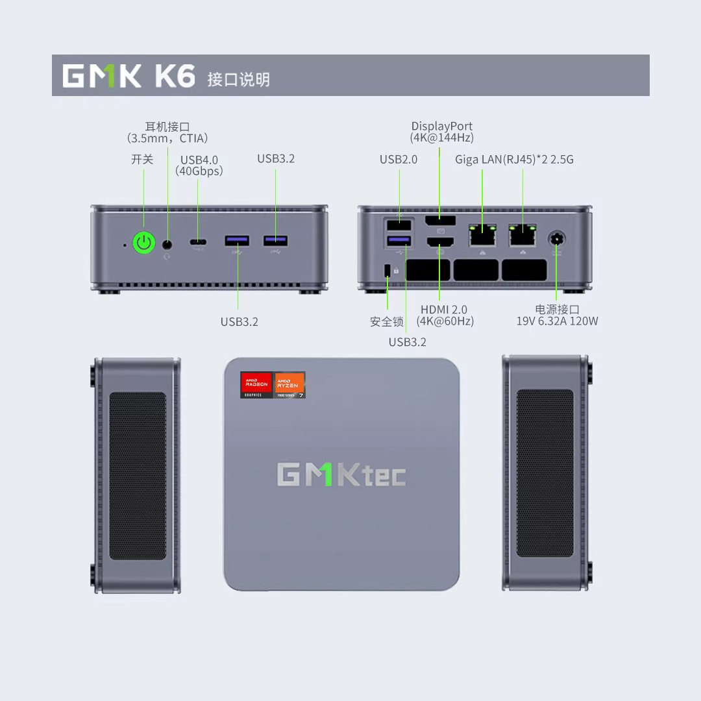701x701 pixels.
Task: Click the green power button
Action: click(144, 243)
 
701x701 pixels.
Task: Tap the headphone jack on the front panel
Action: click(167, 244)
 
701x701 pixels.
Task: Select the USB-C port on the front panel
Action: click(199, 243)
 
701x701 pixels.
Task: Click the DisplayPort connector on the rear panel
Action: click(440, 221)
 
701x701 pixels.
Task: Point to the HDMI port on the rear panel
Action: click(439, 242)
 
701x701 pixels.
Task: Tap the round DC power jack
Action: click(556, 239)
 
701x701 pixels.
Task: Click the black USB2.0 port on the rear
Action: click(399, 225)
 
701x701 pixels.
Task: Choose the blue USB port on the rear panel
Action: click(399, 241)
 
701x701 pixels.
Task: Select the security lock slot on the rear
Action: click(388, 269)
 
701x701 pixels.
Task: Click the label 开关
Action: click(142, 160)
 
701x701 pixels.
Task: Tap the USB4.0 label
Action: click(199, 160)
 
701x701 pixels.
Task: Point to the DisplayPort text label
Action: click(442, 127)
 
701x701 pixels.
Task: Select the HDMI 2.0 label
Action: click(444, 310)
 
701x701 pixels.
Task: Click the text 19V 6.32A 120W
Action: click(557, 321)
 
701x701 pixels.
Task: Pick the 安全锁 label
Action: click(387, 322)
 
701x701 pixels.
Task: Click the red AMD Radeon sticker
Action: click(256, 384)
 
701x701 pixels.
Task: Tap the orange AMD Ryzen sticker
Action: click(289, 384)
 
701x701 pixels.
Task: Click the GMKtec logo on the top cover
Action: click(341, 475)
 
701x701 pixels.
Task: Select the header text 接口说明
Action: click(238, 80)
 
